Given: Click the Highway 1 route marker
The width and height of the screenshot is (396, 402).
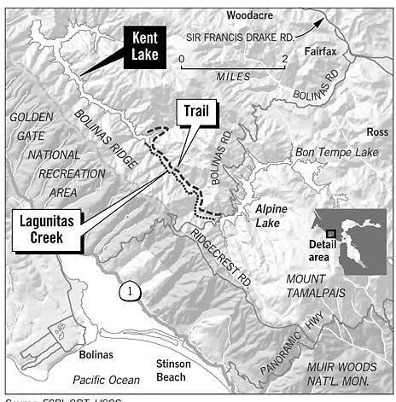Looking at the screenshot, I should click(x=129, y=290).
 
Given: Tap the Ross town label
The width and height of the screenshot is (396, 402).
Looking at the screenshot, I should click(x=376, y=132).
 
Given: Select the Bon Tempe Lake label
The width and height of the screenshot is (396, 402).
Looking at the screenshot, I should click(x=335, y=153).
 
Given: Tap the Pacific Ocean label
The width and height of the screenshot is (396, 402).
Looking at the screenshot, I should click(x=105, y=378).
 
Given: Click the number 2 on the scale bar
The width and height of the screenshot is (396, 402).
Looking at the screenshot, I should click(x=284, y=58).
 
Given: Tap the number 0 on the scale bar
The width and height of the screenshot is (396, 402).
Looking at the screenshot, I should click(x=182, y=58).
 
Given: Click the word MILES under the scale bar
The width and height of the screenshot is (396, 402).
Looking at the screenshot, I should click(x=234, y=76).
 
